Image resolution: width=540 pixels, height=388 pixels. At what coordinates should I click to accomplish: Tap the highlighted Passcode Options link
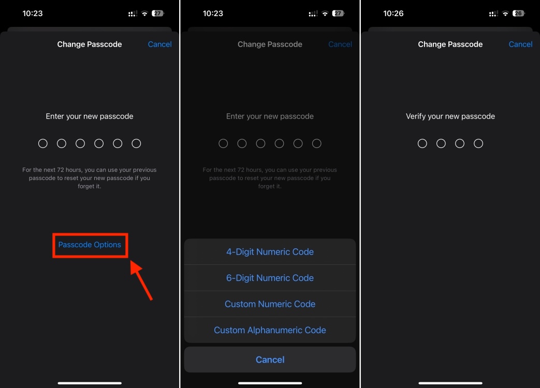[90, 245]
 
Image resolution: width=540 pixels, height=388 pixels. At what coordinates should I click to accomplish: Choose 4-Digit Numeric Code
[270, 252]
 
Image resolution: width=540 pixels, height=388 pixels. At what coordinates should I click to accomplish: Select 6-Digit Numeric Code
[270, 278]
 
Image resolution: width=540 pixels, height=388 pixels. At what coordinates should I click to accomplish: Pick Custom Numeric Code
[270, 304]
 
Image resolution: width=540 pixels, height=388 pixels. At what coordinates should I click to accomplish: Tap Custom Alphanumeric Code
[270, 330]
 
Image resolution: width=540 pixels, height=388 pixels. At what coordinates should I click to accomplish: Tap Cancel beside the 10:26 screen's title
[520, 44]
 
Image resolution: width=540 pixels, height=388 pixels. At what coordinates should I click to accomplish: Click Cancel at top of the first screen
[159, 44]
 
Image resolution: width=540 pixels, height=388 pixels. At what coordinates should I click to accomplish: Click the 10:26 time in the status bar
[393, 13]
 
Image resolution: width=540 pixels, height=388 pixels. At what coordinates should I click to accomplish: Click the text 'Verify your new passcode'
[450, 116]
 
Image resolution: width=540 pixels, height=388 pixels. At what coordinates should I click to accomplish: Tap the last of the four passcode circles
[478, 143]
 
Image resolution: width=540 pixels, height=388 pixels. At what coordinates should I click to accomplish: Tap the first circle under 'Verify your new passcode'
[422, 143]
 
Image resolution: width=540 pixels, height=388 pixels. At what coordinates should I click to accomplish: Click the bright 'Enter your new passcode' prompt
[90, 116]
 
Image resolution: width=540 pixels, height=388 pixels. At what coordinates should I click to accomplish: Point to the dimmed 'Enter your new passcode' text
[270, 116]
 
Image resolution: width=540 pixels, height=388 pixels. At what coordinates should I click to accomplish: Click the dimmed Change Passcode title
[270, 44]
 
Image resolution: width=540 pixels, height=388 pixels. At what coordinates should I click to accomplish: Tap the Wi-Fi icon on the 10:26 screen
[505, 13]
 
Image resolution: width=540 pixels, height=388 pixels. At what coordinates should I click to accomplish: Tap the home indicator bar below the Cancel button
[270, 383]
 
